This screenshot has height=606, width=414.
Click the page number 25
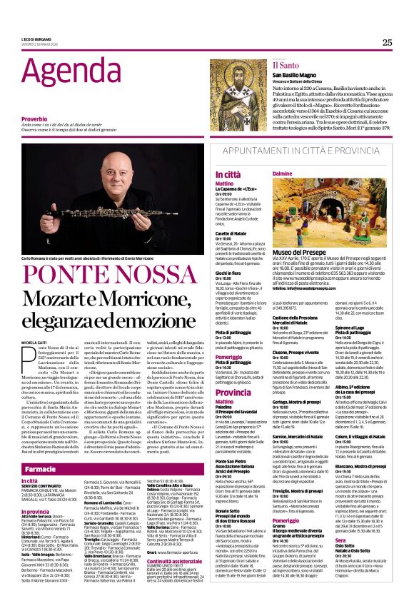click(x=387, y=43)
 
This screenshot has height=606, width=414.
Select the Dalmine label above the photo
click(x=283, y=173)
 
